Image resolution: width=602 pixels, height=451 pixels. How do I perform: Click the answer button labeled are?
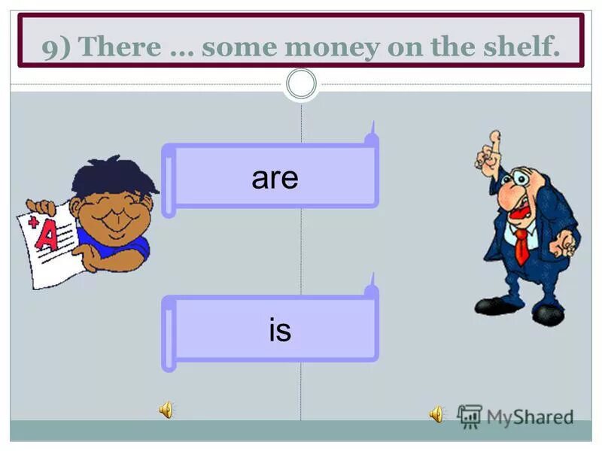(275, 177)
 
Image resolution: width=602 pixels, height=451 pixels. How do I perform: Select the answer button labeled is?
(279, 330)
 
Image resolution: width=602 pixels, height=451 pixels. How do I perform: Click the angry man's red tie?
(521, 245)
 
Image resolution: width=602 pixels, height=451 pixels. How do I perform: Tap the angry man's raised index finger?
(494, 143)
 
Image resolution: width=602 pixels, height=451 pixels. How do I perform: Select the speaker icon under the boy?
(166, 410)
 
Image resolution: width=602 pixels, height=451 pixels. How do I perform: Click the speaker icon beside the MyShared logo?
(436, 413)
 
